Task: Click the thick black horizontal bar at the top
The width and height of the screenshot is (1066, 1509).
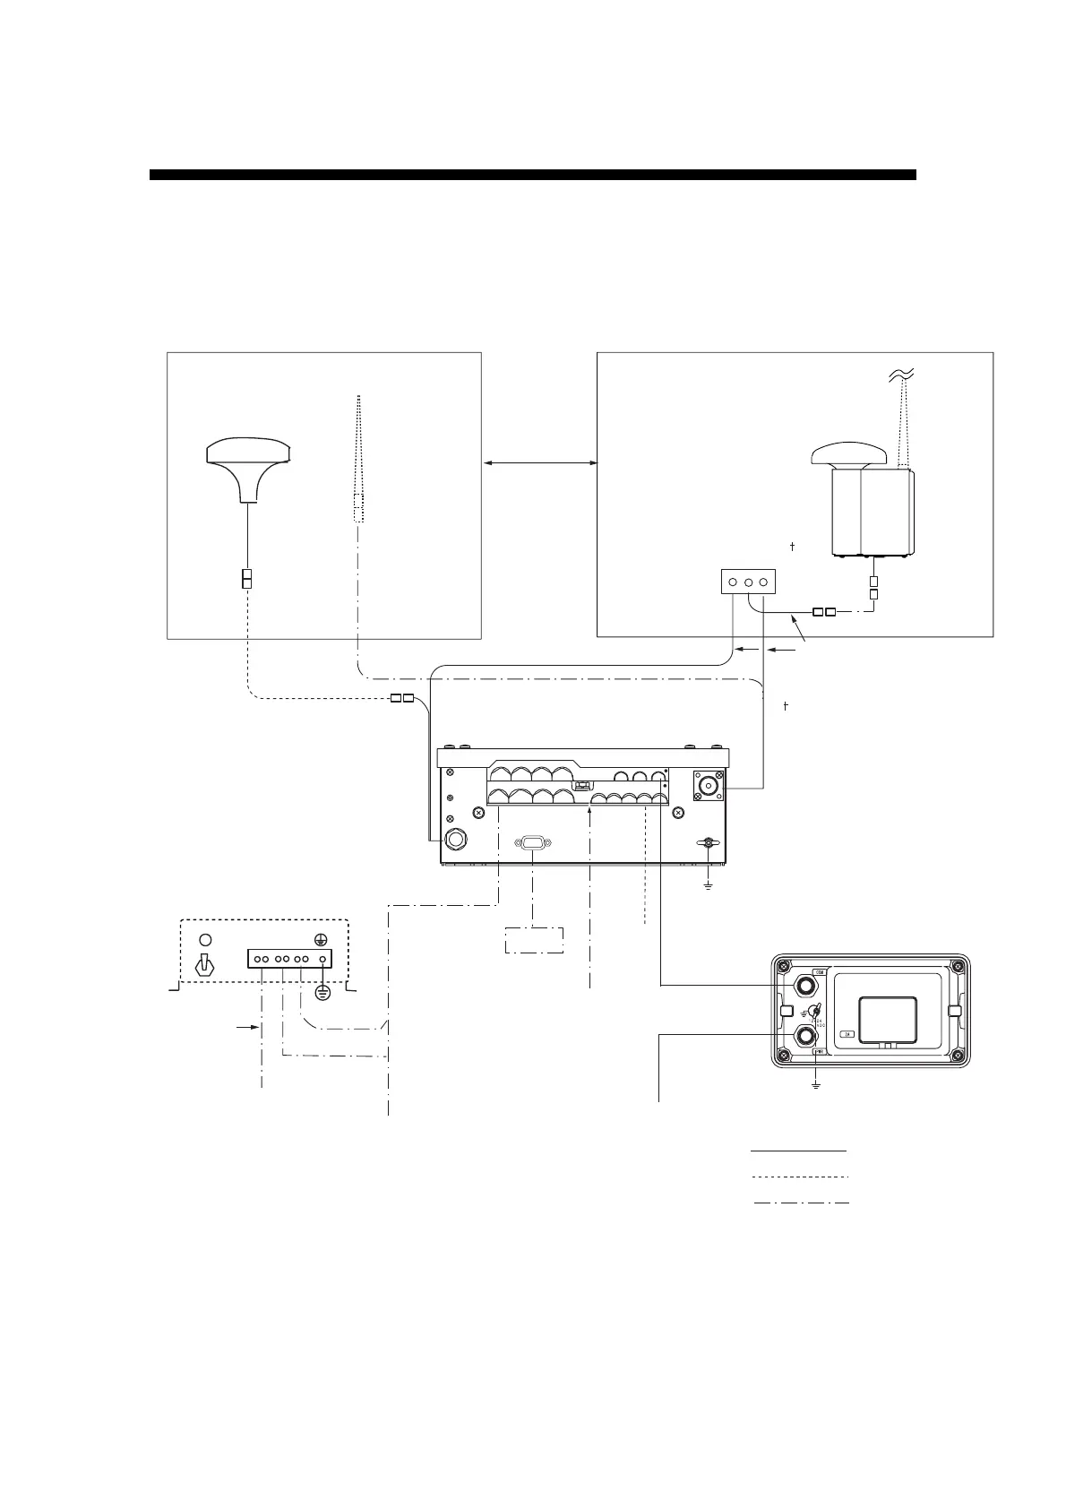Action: (x=532, y=175)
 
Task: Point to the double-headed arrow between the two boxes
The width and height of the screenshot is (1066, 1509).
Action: (x=539, y=463)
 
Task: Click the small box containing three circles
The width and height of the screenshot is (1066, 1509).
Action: (x=747, y=582)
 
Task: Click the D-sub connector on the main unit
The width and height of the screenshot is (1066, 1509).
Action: (x=532, y=842)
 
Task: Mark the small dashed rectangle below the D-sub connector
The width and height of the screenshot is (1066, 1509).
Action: (x=534, y=940)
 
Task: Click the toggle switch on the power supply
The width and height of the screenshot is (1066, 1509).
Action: (x=205, y=969)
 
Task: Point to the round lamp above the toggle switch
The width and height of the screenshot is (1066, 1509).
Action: (x=205, y=939)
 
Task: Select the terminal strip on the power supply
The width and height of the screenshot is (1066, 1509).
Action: (x=289, y=960)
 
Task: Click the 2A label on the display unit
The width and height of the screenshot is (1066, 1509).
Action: (x=847, y=1034)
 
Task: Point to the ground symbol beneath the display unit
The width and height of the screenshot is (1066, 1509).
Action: (x=816, y=1086)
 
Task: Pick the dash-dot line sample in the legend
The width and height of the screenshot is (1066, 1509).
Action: (x=801, y=1202)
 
